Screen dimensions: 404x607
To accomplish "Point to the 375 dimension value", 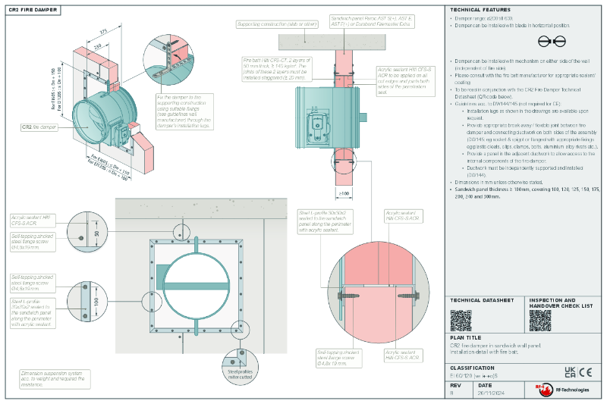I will tap(102, 32).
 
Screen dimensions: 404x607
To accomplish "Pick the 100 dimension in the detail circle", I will tap(97, 301).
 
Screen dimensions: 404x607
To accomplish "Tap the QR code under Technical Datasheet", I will tap(461, 320).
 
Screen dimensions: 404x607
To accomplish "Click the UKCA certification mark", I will tap(570, 372).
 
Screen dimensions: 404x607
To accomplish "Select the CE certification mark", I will tap(586, 372).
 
